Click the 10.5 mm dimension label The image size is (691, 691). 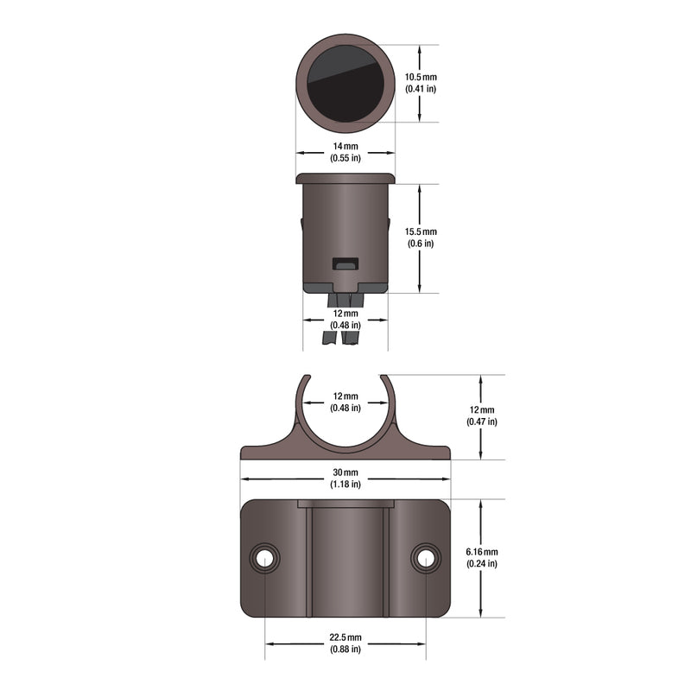(422, 78)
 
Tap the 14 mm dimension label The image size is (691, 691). (345, 147)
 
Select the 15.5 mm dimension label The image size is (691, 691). (422, 232)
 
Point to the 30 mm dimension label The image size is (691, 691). (345, 472)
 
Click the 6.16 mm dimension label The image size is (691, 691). (481, 552)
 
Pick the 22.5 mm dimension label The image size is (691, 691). (345, 637)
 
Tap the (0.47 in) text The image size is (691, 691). (481, 422)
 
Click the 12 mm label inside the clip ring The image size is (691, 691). (345, 396)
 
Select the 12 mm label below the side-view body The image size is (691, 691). (345, 313)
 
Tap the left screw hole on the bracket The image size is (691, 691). (265, 558)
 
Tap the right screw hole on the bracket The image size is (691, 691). (424, 558)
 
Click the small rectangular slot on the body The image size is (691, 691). (345, 263)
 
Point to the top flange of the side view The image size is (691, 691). (345, 179)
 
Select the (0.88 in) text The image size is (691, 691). (345, 650)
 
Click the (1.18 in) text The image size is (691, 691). (345, 485)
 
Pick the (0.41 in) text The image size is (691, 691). (422, 90)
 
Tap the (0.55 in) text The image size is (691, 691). (345, 159)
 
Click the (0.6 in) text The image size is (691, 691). (422, 244)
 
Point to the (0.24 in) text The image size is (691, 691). (481, 564)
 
